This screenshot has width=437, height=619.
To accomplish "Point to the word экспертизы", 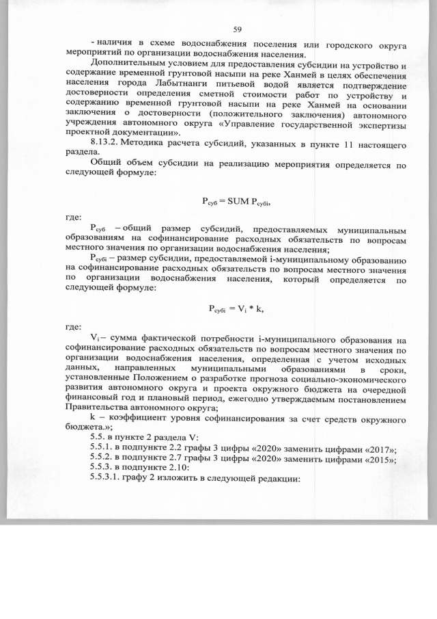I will (x=375, y=122).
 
